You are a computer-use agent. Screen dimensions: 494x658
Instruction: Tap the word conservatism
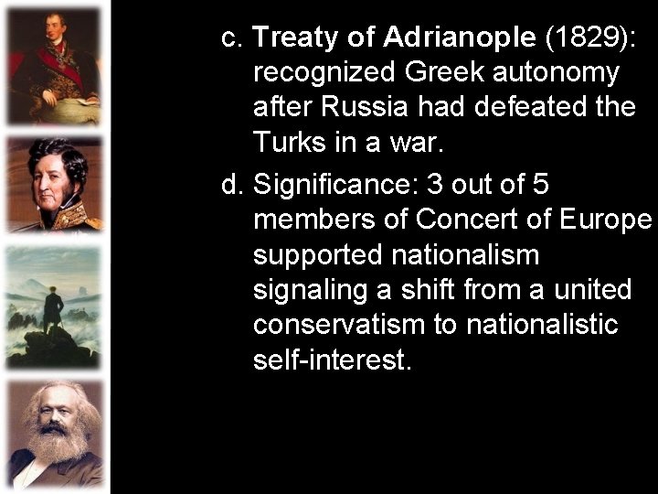click(334, 324)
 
